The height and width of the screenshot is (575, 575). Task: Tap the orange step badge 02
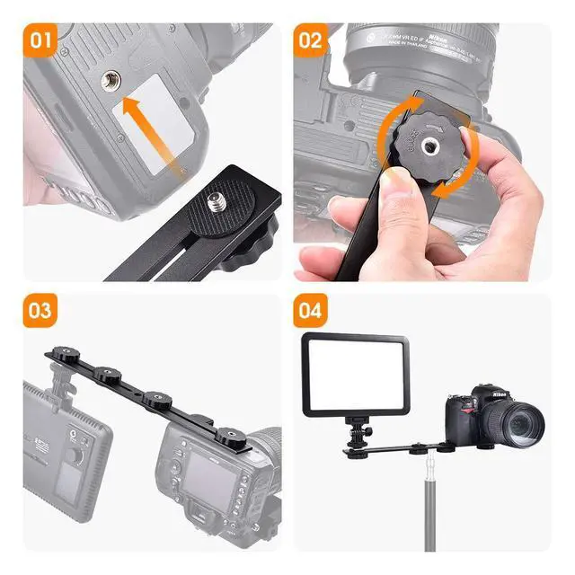(310, 40)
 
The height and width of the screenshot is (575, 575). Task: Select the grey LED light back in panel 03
(67, 449)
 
